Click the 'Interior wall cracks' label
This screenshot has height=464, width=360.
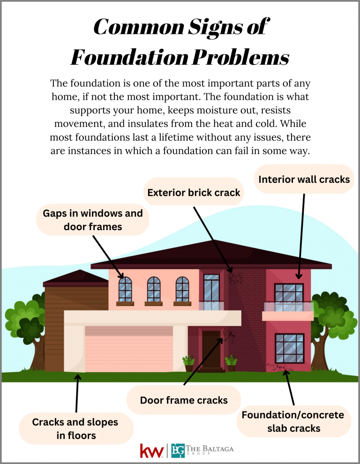(x=304, y=179)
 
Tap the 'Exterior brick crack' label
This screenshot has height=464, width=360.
(x=194, y=192)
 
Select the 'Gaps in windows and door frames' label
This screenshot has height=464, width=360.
(x=93, y=220)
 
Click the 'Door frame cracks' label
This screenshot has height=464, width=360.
(x=184, y=400)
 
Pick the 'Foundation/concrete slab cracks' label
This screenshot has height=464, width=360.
(x=293, y=421)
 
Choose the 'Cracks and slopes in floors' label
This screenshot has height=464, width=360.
(x=75, y=428)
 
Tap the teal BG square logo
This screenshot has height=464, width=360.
(x=178, y=450)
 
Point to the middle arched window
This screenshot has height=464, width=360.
(x=154, y=289)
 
